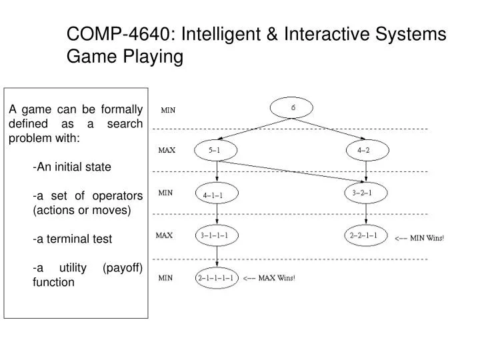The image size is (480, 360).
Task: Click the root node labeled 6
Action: click(291, 108)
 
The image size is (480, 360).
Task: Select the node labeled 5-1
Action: click(215, 151)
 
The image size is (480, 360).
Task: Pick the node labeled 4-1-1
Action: click(213, 195)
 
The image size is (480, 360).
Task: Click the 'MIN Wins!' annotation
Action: click(419, 237)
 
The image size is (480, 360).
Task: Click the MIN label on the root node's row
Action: click(169, 111)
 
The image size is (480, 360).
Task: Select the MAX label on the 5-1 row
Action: click(166, 151)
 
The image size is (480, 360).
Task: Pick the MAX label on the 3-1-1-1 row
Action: click(165, 235)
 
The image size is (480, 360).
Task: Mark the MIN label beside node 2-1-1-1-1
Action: click(165, 278)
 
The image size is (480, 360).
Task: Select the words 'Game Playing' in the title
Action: click(125, 57)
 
